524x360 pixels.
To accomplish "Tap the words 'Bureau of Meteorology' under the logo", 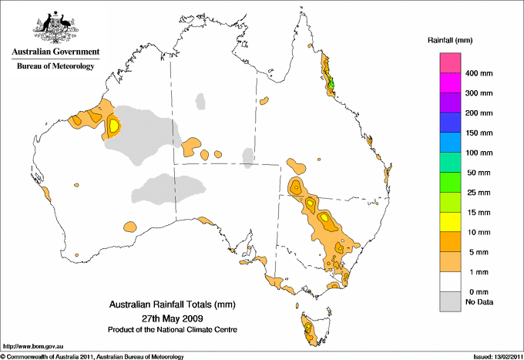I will click(55, 66).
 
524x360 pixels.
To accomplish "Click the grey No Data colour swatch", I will click(451, 302).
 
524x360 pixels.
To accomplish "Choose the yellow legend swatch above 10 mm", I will click(451, 222).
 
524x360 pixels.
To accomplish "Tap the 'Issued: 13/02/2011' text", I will click(492, 356).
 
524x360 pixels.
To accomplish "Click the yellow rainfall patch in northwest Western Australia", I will click(114, 124).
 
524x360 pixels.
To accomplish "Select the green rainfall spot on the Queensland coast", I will click(332, 83).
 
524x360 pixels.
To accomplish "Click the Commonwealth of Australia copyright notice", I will click(92, 356).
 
